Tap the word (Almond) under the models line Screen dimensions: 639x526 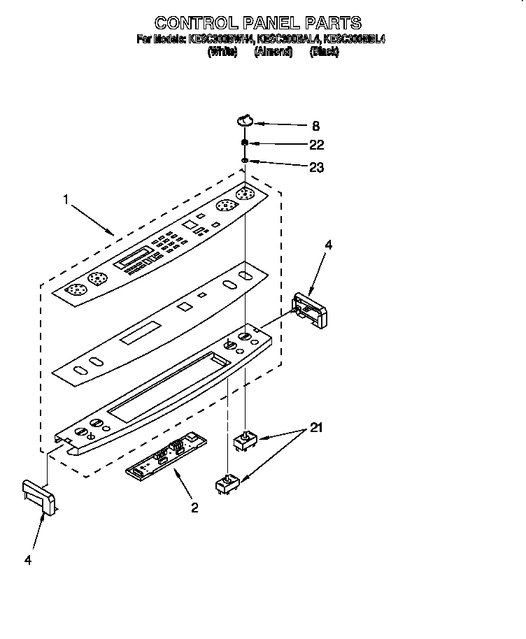[x=273, y=52]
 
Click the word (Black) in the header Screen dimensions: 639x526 [x=324, y=52]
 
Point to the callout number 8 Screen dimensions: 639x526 [x=315, y=127]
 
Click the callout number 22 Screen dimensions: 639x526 [x=316, y=145]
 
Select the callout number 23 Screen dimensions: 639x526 [x=316, y=168]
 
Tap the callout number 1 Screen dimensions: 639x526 [x=66, y=200]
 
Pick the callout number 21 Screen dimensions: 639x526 [x=315, y=428]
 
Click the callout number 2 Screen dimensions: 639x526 [x=194, y=508]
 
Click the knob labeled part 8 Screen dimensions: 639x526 [x=245, y=120]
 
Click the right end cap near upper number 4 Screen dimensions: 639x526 [x=308, y=310]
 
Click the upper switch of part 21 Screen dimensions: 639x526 [x=245, y=440]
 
